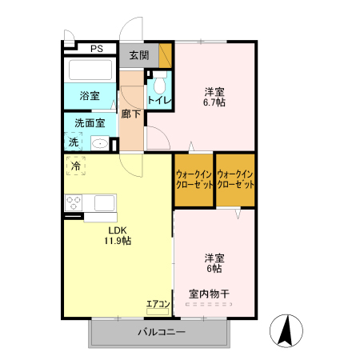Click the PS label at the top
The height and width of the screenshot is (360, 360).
tap(96, 49)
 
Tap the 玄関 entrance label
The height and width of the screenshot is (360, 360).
tap(138, 55)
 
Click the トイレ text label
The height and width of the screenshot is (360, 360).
tap(158, 102)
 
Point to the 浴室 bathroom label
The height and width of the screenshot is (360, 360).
tap(90, 96)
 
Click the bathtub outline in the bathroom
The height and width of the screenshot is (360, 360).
tap(91, 70)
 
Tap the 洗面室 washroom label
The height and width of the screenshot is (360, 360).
tap(90, 123)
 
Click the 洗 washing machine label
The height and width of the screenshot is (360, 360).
tap(74, 142)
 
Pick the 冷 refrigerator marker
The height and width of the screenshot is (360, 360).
tap(76, 166)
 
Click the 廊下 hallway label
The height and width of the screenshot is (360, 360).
tap(131, 114)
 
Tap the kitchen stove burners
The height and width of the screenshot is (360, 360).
tap(75, 201)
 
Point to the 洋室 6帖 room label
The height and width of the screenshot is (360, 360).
tap(214, 263)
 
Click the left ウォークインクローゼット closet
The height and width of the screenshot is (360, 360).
tap(194, 179)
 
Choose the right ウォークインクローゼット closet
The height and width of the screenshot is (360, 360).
tap(235, 179)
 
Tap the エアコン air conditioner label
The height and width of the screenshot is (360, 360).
tap(158, 303)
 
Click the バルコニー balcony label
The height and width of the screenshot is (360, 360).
tap(162, 331)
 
